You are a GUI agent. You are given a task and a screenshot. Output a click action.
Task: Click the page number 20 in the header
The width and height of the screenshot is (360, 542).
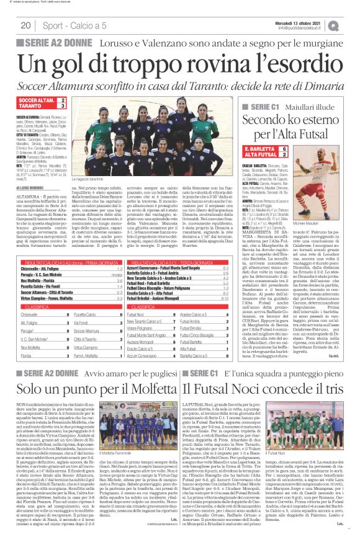[26, 25]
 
